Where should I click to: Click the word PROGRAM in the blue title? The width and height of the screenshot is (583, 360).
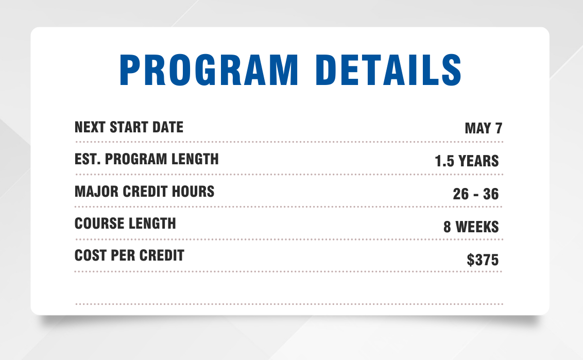click(x=208, y=69)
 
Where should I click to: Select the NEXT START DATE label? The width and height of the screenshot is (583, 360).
click(x=129, y=127)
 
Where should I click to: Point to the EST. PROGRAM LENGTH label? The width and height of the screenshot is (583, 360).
click(x=146, y=159)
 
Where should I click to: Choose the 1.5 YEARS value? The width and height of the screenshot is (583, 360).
click(x=467, y=161)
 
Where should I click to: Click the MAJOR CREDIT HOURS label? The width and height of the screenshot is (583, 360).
click(x=144, y=192)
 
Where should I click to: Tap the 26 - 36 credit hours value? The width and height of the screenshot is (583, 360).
click(x=476, y=194)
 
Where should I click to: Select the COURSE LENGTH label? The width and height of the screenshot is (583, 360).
click(x=125, y=224)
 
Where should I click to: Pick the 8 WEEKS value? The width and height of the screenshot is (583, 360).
click(x=471, y=227)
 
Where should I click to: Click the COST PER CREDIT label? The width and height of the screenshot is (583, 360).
click(x=129, y=255)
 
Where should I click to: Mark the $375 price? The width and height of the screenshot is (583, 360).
click(x=483, y=260)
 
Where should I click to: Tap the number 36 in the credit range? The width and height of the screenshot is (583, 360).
click(x=490, y=194)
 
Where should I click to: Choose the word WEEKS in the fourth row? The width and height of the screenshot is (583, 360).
click(x=477, y=227)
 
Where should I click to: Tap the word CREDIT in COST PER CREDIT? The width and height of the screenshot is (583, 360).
click(x=160, y=255)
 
